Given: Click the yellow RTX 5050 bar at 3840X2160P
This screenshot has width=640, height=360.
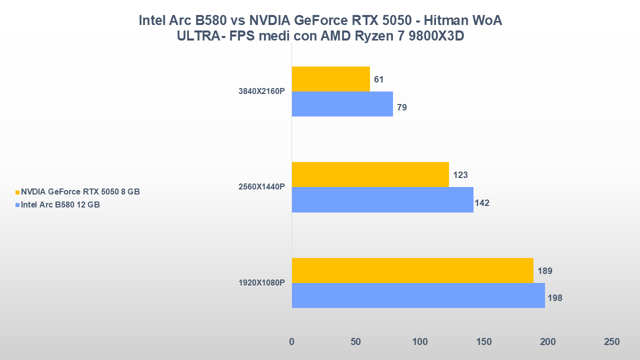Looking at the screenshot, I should pos(330,79).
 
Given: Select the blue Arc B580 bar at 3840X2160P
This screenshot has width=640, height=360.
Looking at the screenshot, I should pos(342,104).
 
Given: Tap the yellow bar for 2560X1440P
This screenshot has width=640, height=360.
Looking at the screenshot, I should pos(370,174).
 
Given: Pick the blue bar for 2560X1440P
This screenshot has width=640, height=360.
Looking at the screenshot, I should pos(382,199).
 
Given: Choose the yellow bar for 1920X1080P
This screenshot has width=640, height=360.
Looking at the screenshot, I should pos(412,270).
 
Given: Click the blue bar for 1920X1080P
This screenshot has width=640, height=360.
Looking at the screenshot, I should pos(418,295).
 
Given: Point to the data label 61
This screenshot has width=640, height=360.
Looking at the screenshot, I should pos(378,79).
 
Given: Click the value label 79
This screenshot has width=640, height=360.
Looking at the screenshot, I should pos(401,107).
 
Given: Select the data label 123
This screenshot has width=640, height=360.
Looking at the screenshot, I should pos(459,175).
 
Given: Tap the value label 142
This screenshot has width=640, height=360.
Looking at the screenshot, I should pos(482,203).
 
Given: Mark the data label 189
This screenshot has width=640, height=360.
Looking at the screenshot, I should pos(544,271).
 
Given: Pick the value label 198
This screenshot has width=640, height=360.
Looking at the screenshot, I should pos(555,298).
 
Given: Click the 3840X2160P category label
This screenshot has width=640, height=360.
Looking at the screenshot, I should pos(262,91).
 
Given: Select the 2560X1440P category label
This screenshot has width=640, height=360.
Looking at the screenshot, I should pos(262,187).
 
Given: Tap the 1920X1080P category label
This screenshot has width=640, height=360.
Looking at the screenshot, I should pos(262,283).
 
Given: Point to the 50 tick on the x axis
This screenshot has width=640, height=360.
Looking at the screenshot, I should pos(355,342).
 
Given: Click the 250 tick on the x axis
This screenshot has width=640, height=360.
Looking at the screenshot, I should pos(611,342).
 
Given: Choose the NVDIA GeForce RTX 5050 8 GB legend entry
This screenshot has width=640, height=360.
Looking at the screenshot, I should pos(80,191).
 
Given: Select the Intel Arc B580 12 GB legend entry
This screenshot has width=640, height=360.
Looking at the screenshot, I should pos(60,204).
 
